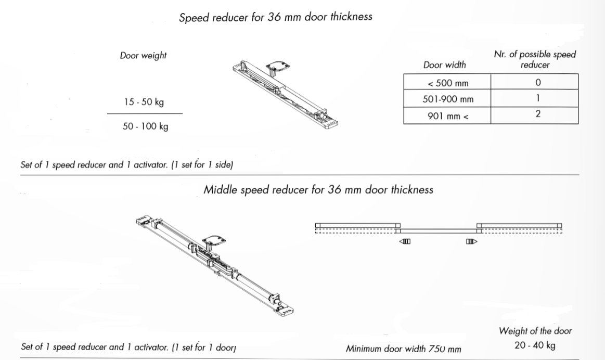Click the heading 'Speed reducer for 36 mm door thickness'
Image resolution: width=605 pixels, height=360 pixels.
[276, 17]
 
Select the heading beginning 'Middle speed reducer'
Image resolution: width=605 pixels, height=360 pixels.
[318, 189]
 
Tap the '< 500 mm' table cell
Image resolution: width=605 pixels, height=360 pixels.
[447, 82]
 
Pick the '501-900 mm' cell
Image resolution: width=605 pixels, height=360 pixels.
[447, 98]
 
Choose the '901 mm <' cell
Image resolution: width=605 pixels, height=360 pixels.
[447, 115]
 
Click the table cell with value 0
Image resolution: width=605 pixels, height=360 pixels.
[534, 82]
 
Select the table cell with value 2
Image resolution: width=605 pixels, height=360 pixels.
[534, 115]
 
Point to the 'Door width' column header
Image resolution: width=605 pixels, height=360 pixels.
[444, 65]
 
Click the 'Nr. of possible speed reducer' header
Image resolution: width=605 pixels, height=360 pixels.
[535, 59]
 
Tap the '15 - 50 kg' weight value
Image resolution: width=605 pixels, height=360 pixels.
[144, 102]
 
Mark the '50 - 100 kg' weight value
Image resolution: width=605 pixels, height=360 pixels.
[146, 126]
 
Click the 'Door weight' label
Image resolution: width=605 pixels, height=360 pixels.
[143, 55]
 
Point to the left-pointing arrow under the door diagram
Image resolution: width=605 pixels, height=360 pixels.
[405, 241]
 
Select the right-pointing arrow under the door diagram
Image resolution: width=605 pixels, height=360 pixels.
[471, 241]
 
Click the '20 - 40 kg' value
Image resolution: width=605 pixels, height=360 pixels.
[535, 345]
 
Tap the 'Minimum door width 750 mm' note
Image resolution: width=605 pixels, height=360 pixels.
[403, 349]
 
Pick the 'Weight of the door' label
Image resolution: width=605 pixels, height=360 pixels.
[535, 331]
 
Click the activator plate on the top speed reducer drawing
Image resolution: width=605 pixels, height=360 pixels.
[277, 66]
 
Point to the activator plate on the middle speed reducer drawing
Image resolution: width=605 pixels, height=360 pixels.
[214, 241]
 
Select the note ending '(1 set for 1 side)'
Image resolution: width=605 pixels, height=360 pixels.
[127, 165]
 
